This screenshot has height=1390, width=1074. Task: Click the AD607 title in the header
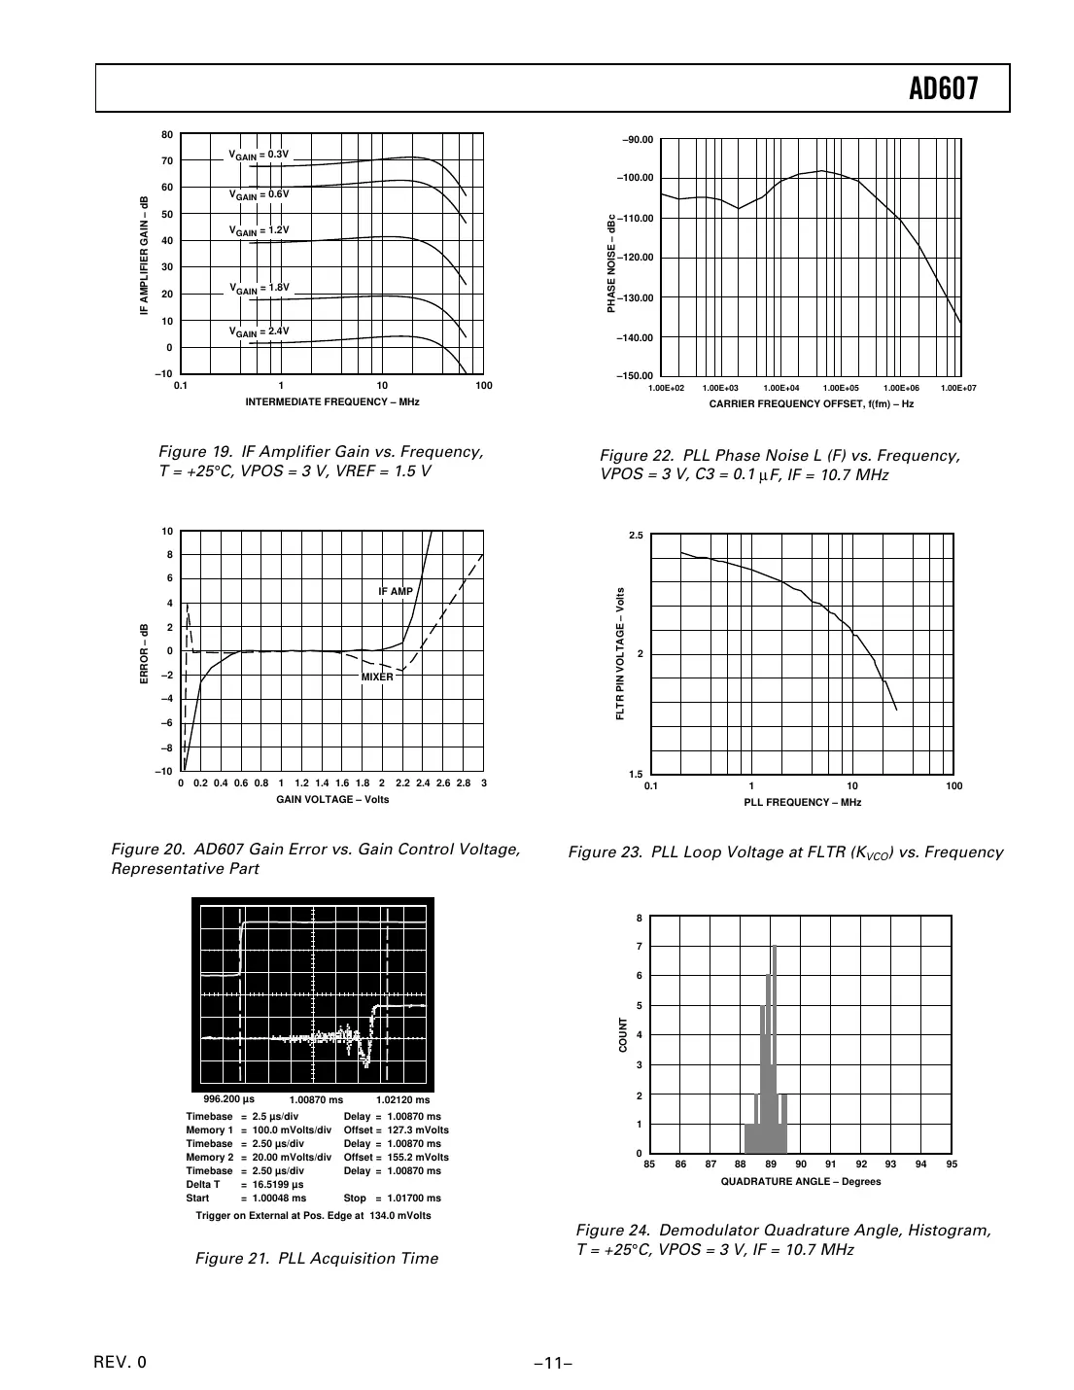(943, 89)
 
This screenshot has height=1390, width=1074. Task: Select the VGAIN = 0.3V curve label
(259, 155)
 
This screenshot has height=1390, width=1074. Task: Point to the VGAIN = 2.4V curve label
(259, 331)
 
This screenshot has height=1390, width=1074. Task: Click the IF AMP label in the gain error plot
(396, 591)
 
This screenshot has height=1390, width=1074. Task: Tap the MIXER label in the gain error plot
(377, 677)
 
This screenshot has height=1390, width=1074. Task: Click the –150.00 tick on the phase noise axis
(636, 376)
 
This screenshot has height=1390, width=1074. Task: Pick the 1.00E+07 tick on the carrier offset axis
(958, 388)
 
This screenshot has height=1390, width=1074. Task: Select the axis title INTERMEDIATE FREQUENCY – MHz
(331, 401)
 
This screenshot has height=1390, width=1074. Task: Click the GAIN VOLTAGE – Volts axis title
(332, 799)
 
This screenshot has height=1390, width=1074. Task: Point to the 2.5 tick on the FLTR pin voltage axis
(636, 536)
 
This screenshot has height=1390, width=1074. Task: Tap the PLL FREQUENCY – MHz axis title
(802, 802)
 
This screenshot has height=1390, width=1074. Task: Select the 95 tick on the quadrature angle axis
(951, 1164)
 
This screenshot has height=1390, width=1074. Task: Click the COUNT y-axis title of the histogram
(624, 1035)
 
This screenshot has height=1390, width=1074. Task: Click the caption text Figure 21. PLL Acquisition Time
(317, 1258)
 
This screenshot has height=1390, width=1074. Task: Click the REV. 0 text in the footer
(121, 1362)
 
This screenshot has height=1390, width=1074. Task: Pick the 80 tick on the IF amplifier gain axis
(167, 135)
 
